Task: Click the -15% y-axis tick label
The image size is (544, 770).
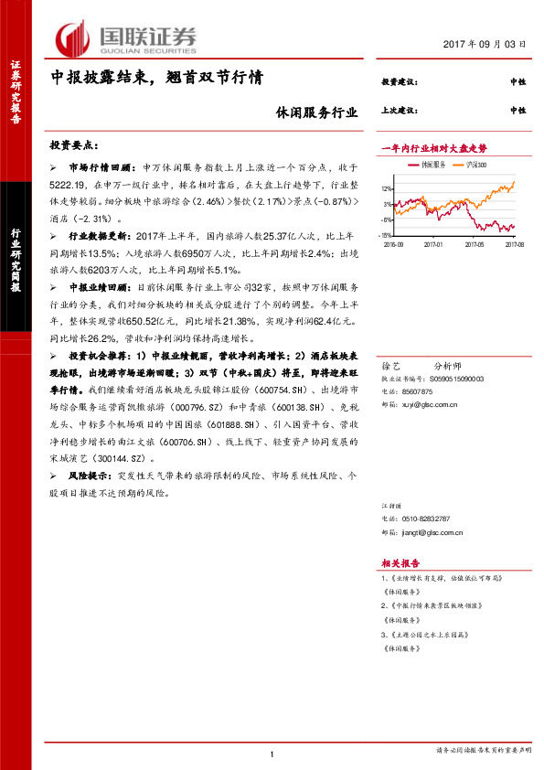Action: pos(388,235)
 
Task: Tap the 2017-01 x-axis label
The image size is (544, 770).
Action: pos(432,244)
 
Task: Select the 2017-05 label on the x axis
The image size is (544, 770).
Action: pos(473,244)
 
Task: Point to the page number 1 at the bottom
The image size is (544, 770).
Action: pos(272,754)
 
